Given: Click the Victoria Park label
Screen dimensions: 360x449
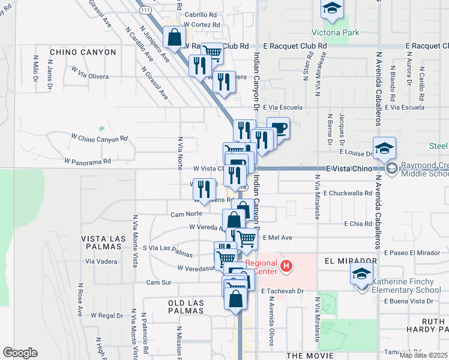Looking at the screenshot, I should (330, 32).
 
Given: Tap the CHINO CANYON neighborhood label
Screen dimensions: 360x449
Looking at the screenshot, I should (83, 52).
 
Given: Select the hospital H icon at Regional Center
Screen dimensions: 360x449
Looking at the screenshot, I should (286, 265).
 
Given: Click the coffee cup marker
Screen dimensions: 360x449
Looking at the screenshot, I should (279, 128).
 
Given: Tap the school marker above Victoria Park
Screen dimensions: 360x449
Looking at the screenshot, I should (331, 8).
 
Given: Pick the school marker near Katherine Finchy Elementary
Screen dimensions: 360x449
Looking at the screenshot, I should (361, 275).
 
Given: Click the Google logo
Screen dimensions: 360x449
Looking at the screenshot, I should (20, 353).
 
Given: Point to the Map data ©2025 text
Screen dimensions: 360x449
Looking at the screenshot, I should (423, 355).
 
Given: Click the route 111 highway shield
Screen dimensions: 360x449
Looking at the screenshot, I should (145, 10).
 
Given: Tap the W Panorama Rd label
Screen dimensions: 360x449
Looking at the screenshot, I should (88, 161).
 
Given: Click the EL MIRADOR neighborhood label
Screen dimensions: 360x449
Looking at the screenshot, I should (351, 261).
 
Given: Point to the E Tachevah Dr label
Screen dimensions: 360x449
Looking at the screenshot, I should (284, 290).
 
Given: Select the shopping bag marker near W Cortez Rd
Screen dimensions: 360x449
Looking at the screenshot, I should (174, 38).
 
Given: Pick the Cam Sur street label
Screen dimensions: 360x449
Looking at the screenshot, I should (159, 281).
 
